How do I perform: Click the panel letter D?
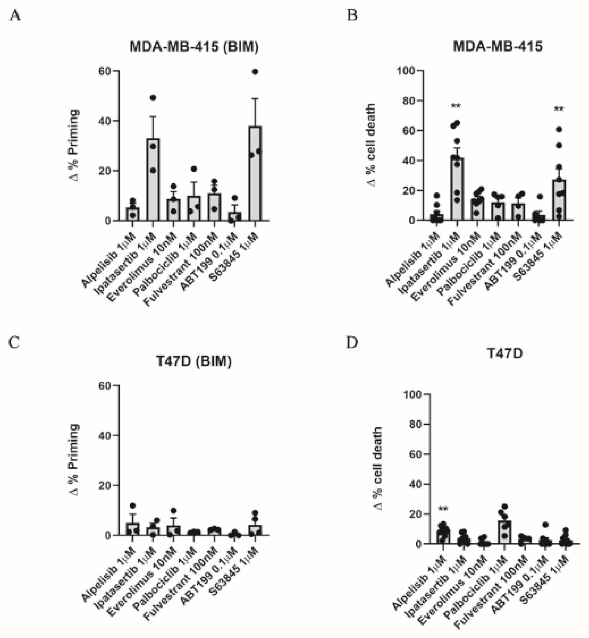click(x=352, y=342)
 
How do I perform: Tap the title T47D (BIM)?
click(x=194, y=361)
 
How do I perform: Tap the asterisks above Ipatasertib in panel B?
click(x=456, y=105)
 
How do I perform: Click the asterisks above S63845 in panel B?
click(x=559, y=109)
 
